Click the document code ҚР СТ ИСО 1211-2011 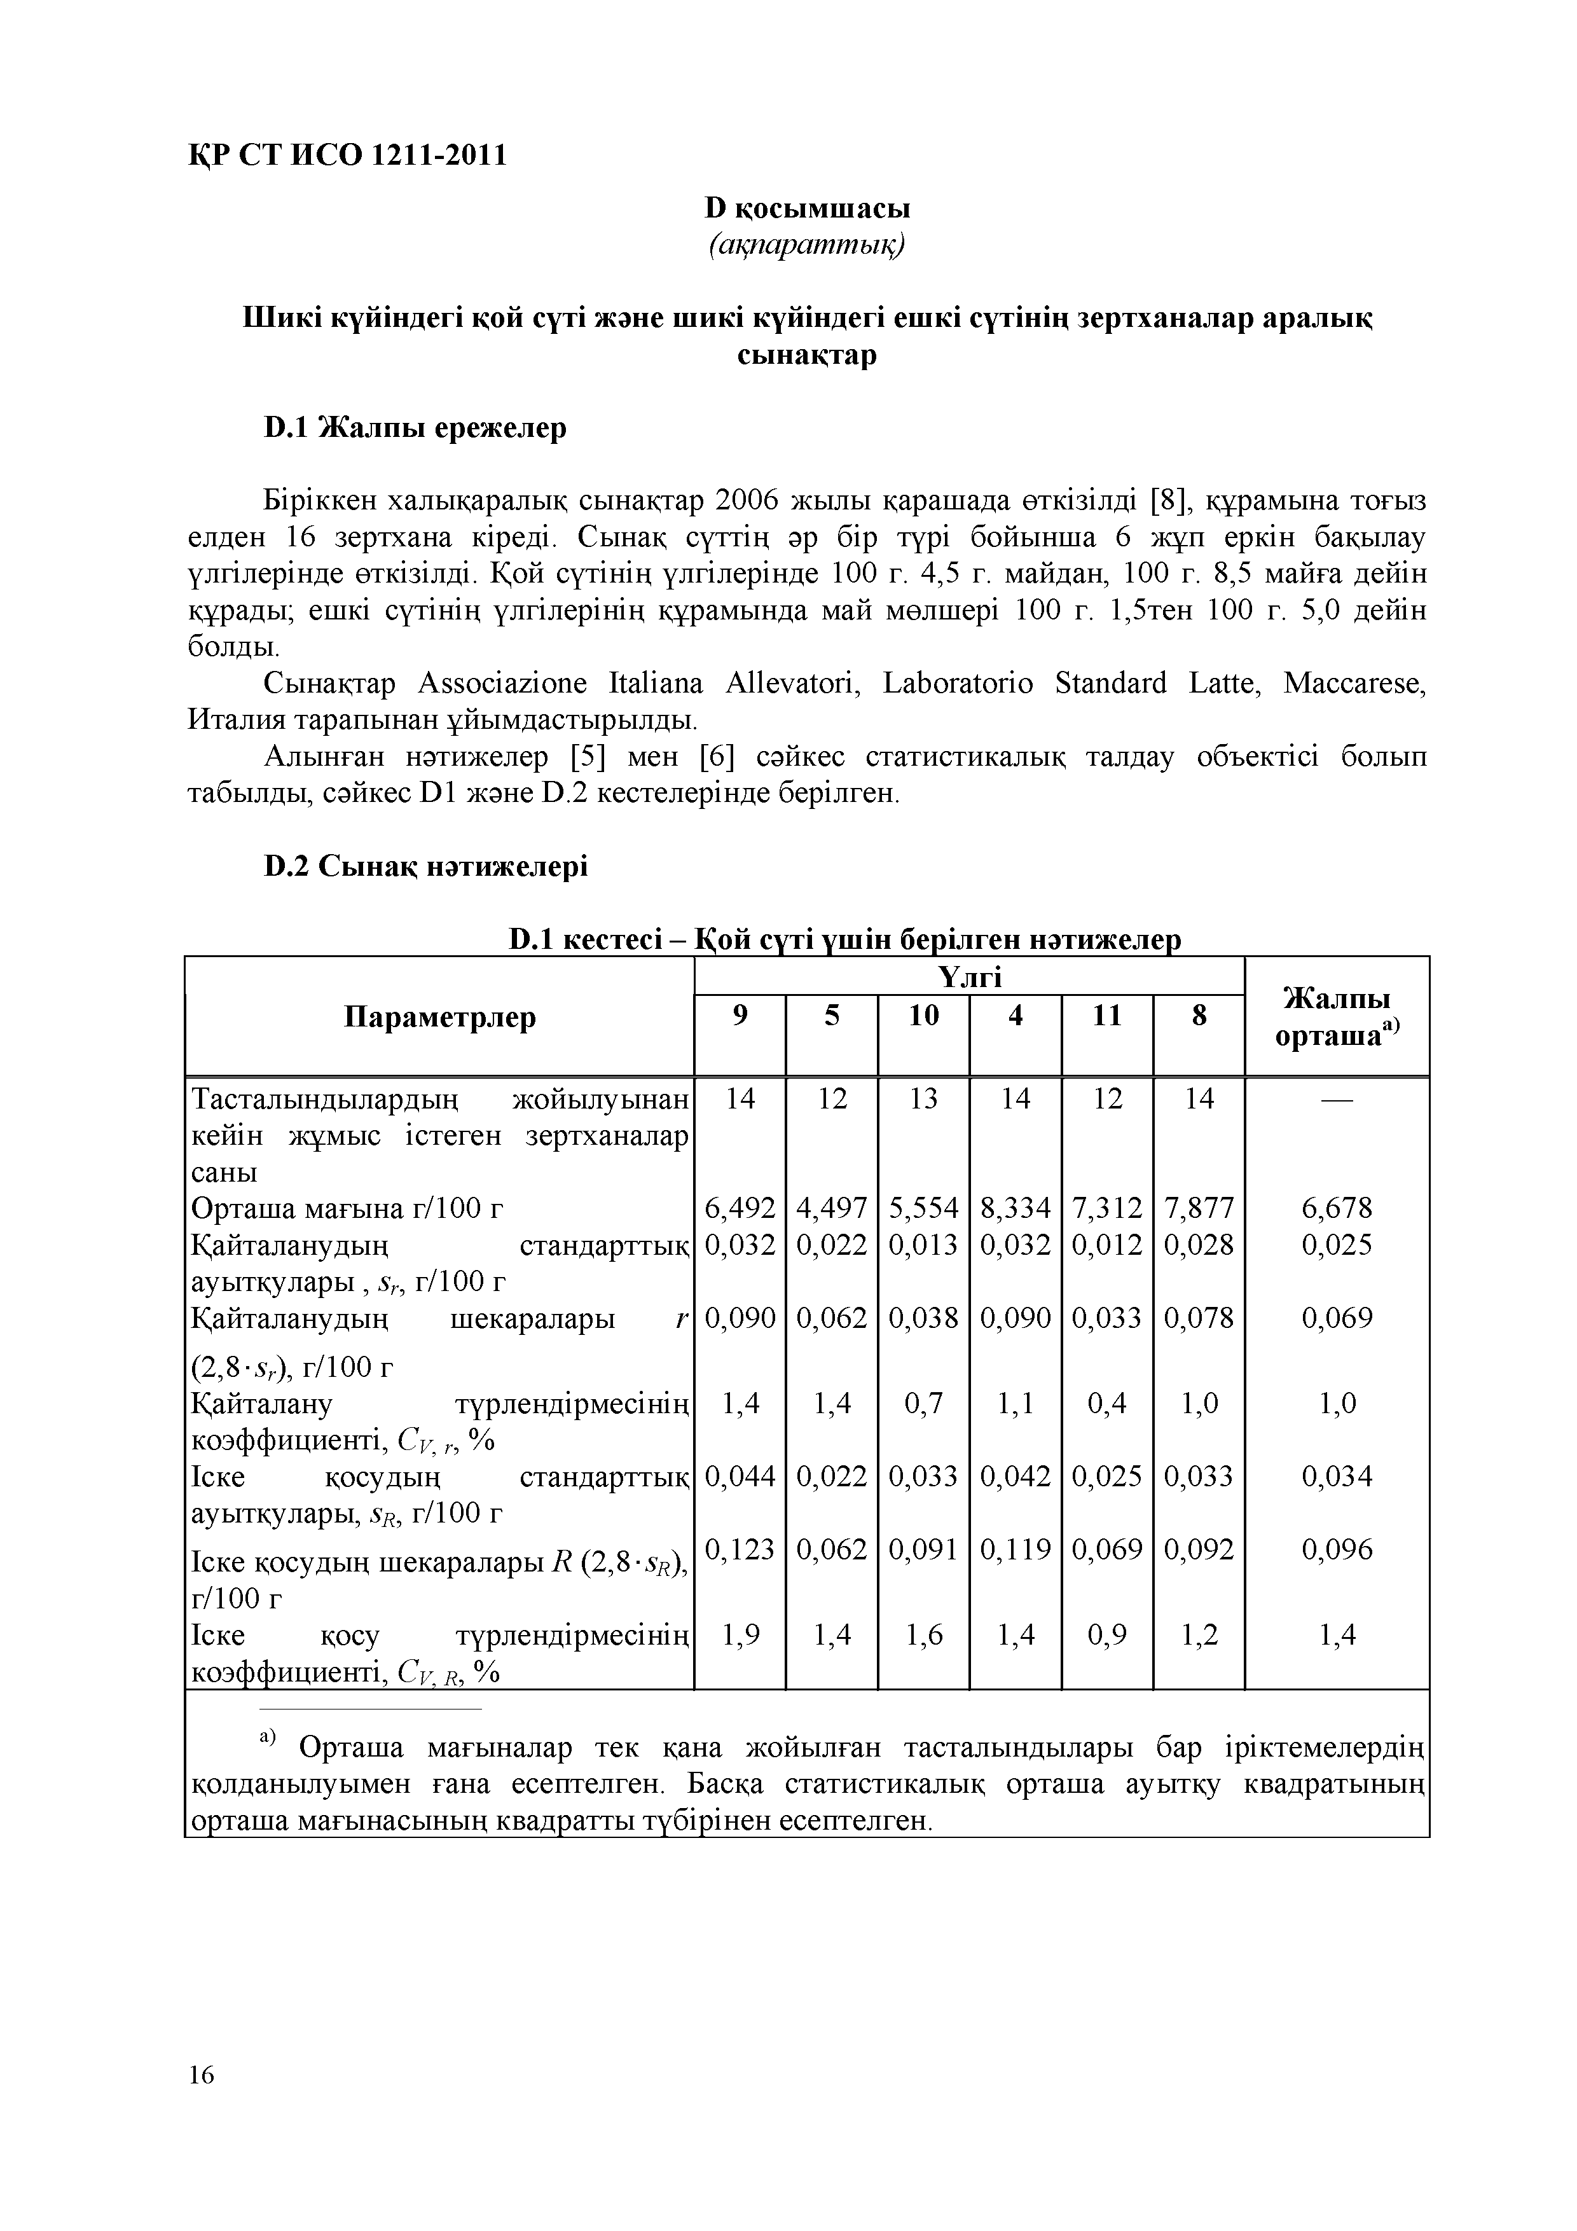[x=347, y=155]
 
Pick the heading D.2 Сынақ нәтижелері [x=425, y=865]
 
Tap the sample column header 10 [x=923, y=1016]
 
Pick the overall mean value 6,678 [x=1337, y=1208]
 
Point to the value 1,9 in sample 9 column [x=740, y=1635]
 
